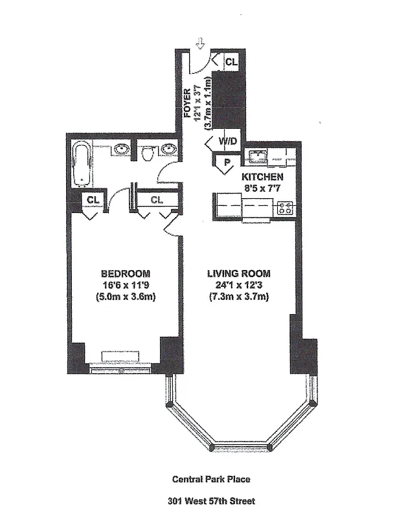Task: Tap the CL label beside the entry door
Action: point(232,62)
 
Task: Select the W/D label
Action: point(228,141)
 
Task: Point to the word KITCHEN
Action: point(262,176)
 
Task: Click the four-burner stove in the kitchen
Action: point(285,208)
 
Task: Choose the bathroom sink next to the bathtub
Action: point(120,150)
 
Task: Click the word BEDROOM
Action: point(126,273)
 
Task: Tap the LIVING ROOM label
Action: point(238,273)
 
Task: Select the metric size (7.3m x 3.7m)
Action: point(238,297)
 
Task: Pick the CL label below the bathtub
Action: point(93,199)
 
